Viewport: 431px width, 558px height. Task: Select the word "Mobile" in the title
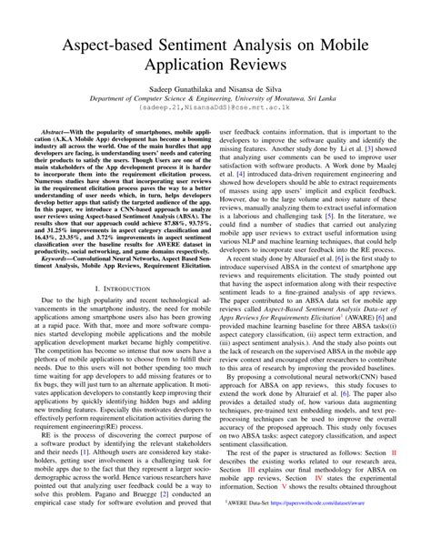tap(359, 46)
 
